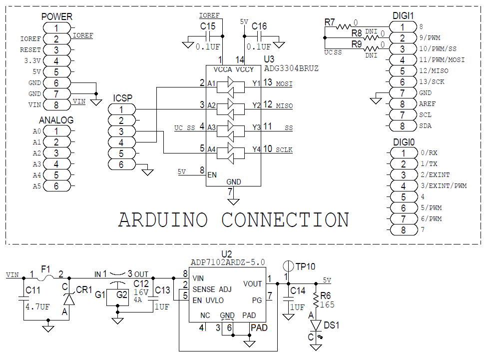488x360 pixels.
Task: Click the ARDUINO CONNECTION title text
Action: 233,220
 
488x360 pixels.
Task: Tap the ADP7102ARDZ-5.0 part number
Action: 228,262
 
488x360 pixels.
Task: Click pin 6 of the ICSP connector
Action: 121,164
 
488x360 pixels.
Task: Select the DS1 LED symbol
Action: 316,324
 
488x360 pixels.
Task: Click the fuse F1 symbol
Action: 46,276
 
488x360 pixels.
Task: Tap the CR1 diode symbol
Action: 69,299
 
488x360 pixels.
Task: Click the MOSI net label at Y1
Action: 284,83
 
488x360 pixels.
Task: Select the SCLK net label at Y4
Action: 284,149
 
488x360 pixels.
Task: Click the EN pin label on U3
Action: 212,175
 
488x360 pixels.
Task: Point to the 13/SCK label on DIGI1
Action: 432,82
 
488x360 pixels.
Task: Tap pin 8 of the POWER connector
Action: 56,105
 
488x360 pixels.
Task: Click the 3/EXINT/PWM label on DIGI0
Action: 443,186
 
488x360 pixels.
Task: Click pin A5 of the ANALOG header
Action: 56,186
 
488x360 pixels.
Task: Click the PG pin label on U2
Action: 258,300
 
